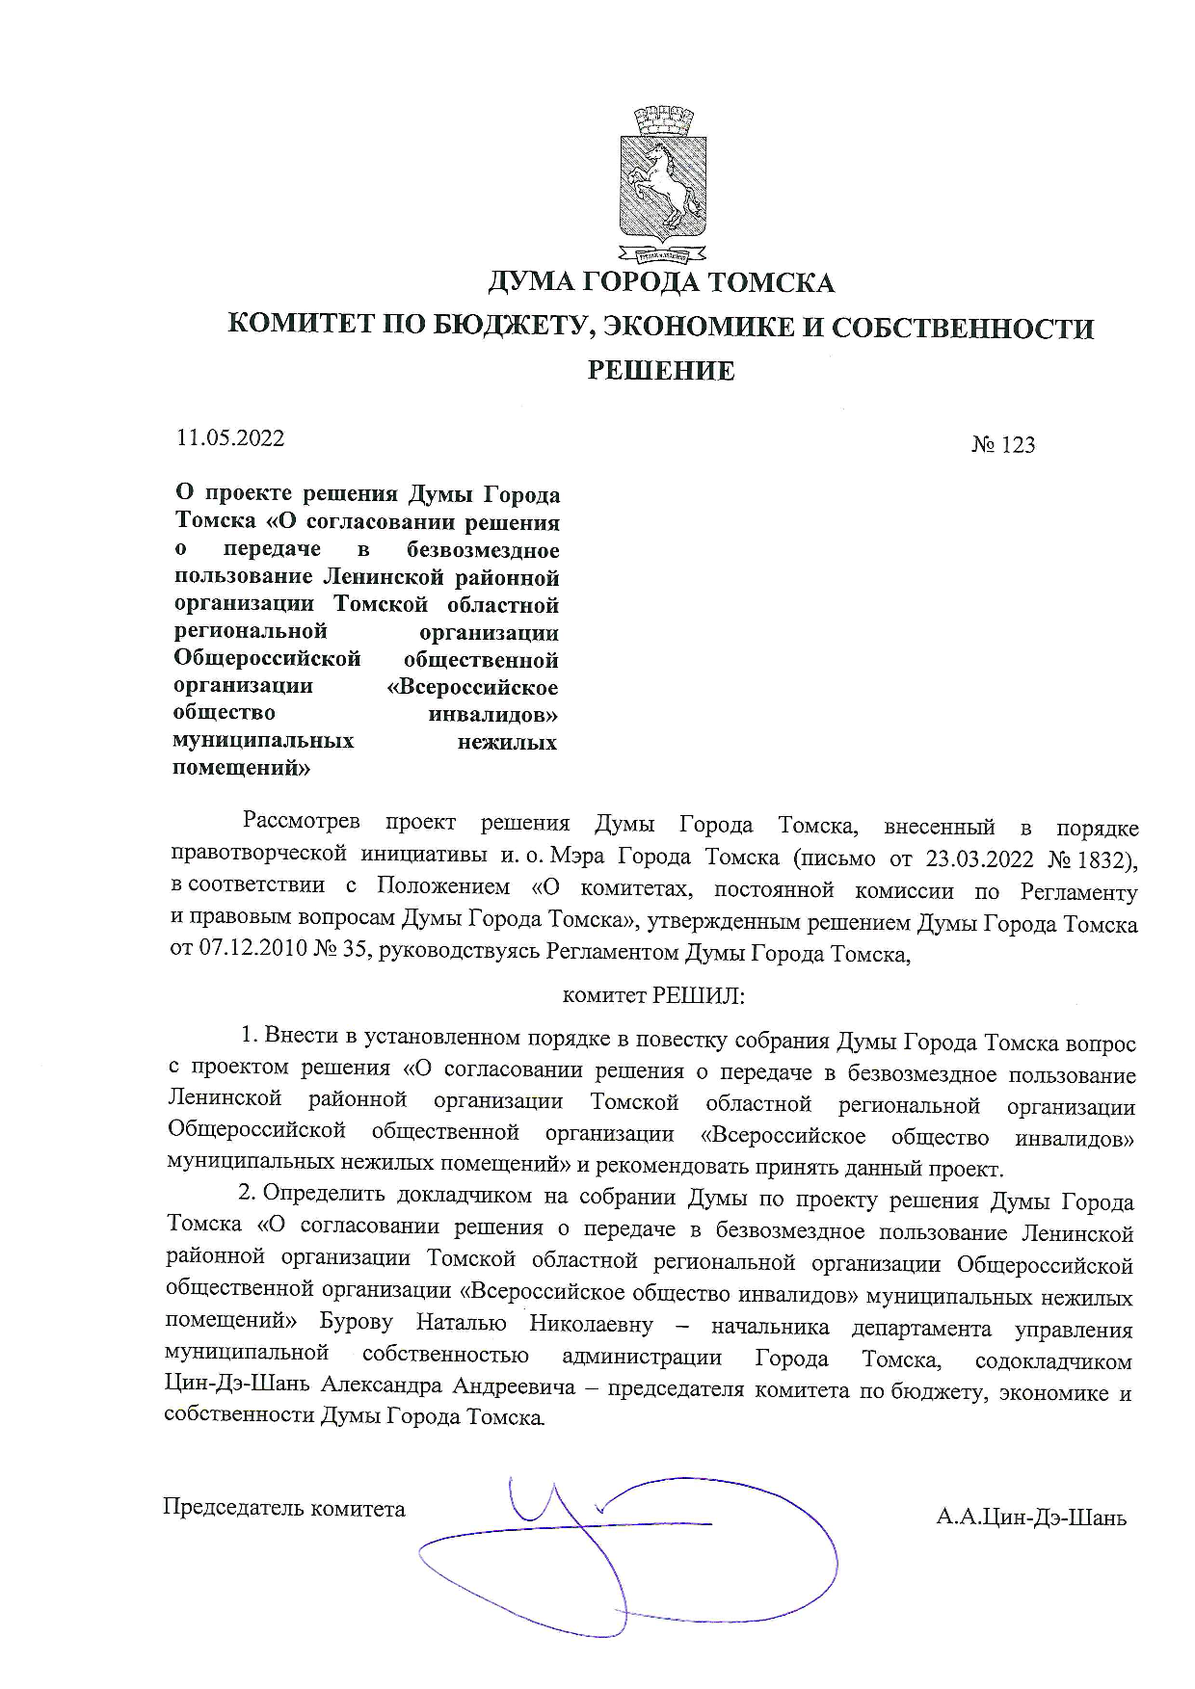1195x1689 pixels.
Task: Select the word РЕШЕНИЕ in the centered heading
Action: point(661,370)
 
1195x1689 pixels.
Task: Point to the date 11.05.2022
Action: point(230,437)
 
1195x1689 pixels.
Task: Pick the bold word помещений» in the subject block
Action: point(241,768)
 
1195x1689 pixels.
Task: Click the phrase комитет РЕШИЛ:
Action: point(652,995)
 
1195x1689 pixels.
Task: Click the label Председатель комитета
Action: point(284,1508)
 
